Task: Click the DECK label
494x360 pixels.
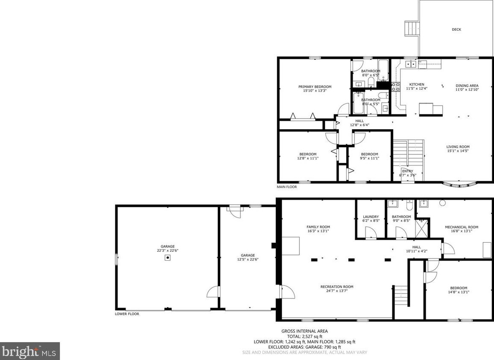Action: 456,29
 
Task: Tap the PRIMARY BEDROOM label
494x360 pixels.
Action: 315,87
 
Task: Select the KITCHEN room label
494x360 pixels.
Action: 416,84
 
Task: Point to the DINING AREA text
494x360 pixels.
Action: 467,85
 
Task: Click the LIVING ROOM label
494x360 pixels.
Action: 458,147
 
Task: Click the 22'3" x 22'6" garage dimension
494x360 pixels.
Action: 167,251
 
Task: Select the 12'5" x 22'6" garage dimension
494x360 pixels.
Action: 248,259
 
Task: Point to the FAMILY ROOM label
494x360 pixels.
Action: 318,227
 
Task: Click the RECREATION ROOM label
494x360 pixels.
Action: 336,287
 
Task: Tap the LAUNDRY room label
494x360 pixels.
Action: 371,217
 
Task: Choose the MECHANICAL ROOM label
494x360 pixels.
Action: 461,227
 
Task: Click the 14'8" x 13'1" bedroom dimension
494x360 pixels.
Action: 459,292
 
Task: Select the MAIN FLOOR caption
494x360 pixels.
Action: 286,187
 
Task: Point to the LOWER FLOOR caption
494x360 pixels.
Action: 127,314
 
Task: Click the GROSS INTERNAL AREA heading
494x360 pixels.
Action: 304,331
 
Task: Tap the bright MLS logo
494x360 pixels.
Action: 29,351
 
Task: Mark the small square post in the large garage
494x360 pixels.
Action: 168,258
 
